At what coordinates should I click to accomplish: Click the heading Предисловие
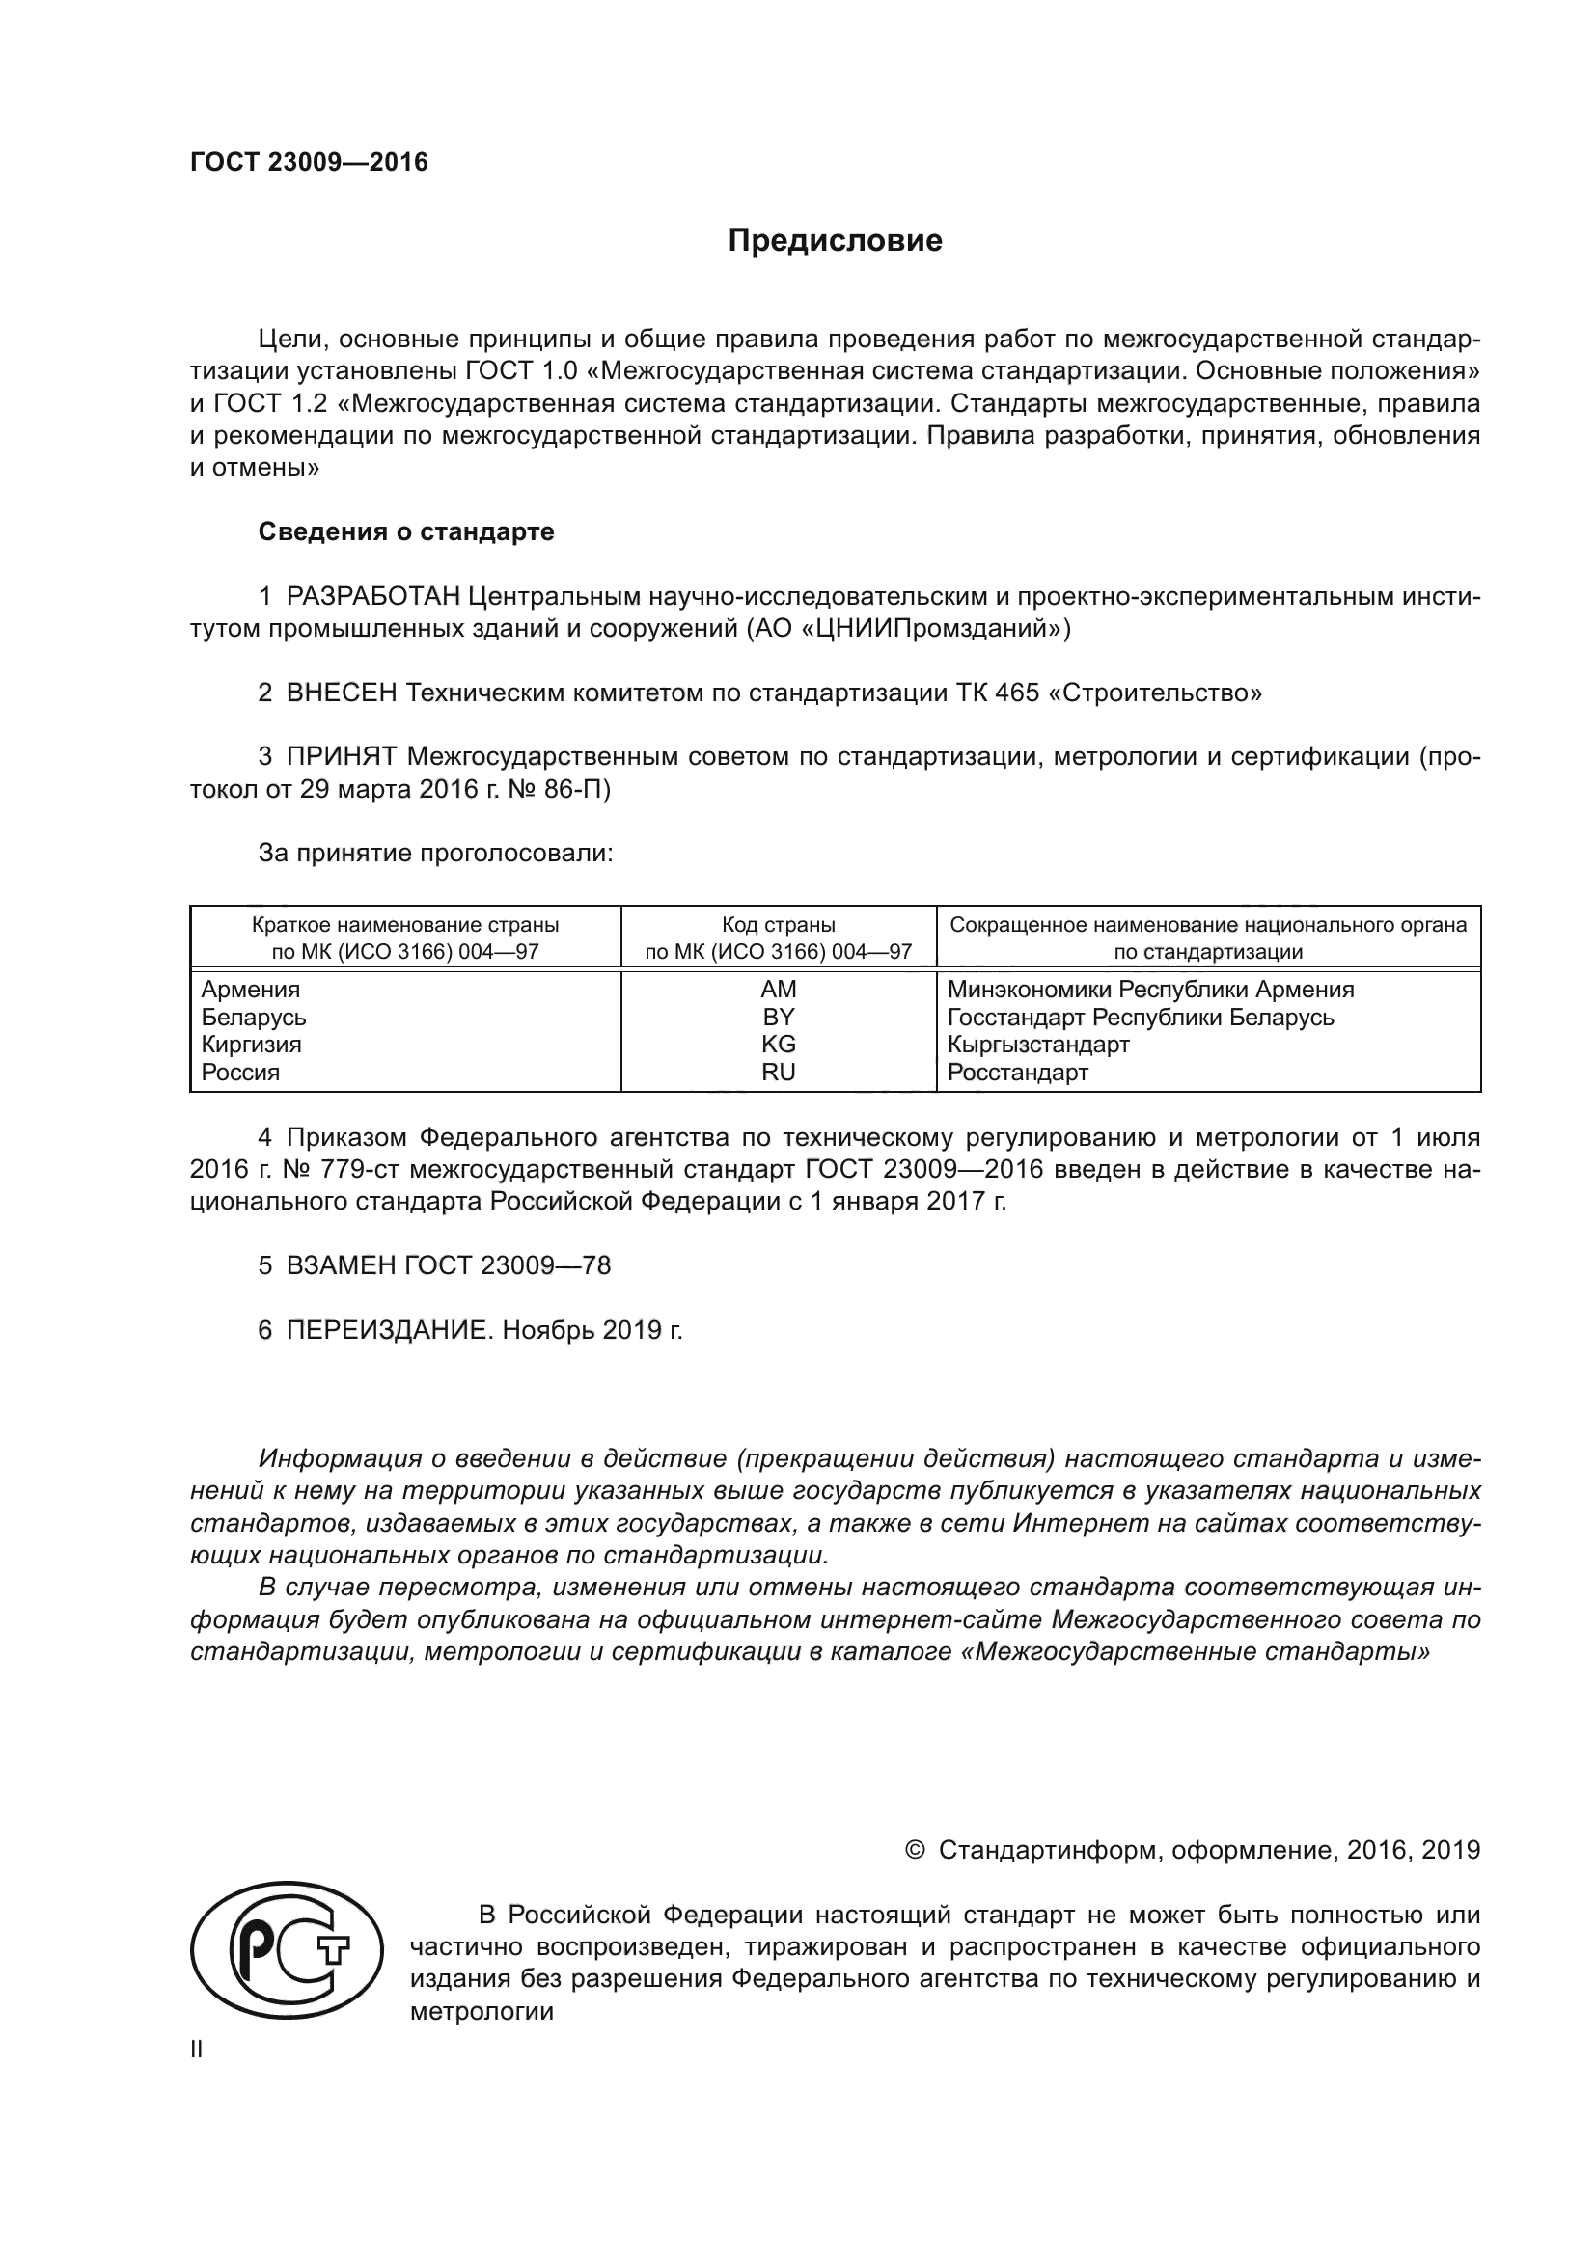[x=835, y=241]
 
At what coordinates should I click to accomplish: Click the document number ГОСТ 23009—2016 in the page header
[x=309, y=162]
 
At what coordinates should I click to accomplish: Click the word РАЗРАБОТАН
[x=372, y=596]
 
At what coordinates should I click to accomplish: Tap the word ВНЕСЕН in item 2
[x=341, y=693]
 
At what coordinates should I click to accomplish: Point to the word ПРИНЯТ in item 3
[x=341, y=756]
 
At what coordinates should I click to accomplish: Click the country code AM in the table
[x=778, y=990]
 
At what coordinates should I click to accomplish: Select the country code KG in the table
[x=778, y=1045]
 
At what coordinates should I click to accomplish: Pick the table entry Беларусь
[x=254, y=1017]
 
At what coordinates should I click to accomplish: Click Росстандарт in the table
[x=1017, y=1072]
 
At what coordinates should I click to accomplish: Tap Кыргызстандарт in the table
[x=1038, y=1045]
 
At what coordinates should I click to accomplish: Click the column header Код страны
[x=778, y=925]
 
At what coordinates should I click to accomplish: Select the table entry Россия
[x=241, y=1072]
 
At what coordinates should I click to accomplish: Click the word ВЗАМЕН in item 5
[x=340, y=1265]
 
